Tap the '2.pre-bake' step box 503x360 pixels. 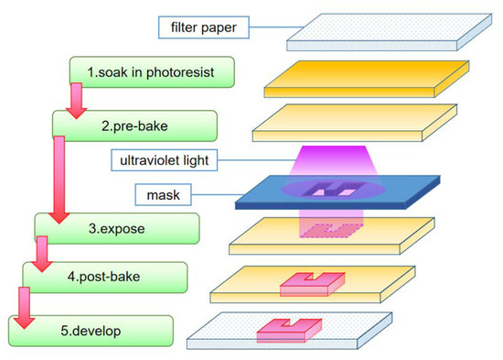(x=134, y=124)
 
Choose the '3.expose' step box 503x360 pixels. (x=103, y=225)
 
